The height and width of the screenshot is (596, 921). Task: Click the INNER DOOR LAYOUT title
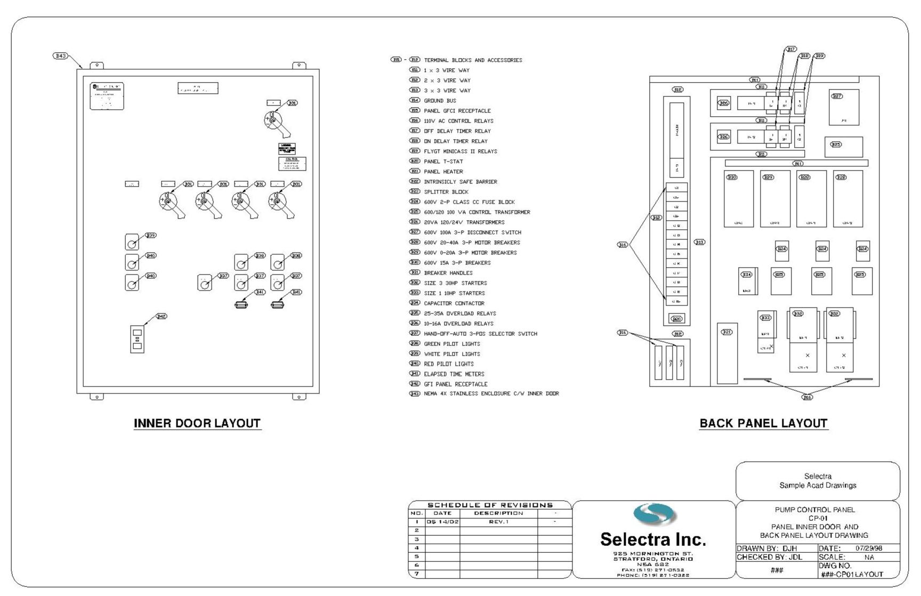[197, 423]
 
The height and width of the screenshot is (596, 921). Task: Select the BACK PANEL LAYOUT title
[763, 423]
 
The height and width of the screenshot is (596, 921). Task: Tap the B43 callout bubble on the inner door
[60, 55]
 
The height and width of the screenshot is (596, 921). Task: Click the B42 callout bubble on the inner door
[161, 316]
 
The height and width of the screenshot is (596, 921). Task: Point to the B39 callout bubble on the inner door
[151, 236]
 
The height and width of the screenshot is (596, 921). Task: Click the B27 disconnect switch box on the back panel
[844, 107]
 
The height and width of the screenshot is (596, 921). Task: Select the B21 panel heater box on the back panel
[727, 353]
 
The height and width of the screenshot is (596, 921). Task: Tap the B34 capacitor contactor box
[747, 281]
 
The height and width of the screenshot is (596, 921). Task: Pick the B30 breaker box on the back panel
[739, 198]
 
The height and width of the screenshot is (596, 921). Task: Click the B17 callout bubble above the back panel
[791, 50]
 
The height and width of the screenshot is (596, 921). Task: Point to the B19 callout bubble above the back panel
[820, 55]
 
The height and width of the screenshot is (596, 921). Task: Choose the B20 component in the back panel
[676, 319]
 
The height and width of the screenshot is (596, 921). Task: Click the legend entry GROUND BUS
[440, 101]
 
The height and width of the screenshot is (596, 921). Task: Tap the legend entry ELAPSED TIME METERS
[454, 374]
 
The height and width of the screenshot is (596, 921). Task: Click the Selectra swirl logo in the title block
[654, 514]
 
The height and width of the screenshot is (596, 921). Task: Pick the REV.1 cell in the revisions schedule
[498, 522]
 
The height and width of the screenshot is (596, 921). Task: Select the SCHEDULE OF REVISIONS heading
[490, 505]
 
